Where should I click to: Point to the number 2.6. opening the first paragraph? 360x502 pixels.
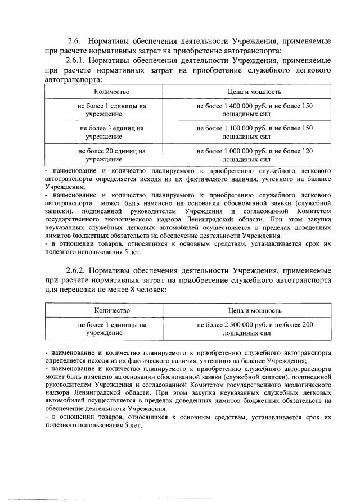(75, 41)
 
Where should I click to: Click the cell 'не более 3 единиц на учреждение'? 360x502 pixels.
(104, 132)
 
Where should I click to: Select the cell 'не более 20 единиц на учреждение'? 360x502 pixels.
(104, 155)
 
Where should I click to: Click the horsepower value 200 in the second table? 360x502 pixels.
(307, 324)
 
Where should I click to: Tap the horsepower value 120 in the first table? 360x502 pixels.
(307, 151)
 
